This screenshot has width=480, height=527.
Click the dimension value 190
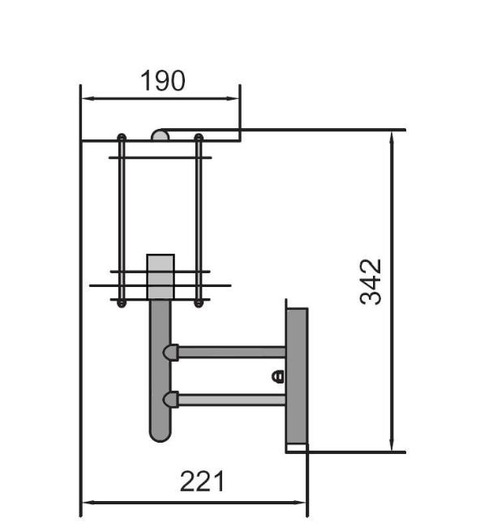(x=162, y=81)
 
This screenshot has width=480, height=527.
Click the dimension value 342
(x=371, y=281)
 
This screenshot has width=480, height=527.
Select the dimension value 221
(x=202, y=482)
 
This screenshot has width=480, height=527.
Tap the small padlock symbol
(x=277, y=376)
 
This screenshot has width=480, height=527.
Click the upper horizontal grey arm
(x=231, y=352)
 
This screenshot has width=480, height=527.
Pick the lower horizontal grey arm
(x=231, y=400)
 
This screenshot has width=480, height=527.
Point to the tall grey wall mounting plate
(x=297, y=377)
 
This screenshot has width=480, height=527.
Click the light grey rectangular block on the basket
(x=161, y=276)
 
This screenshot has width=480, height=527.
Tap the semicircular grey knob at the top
(x=160, y=135)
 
